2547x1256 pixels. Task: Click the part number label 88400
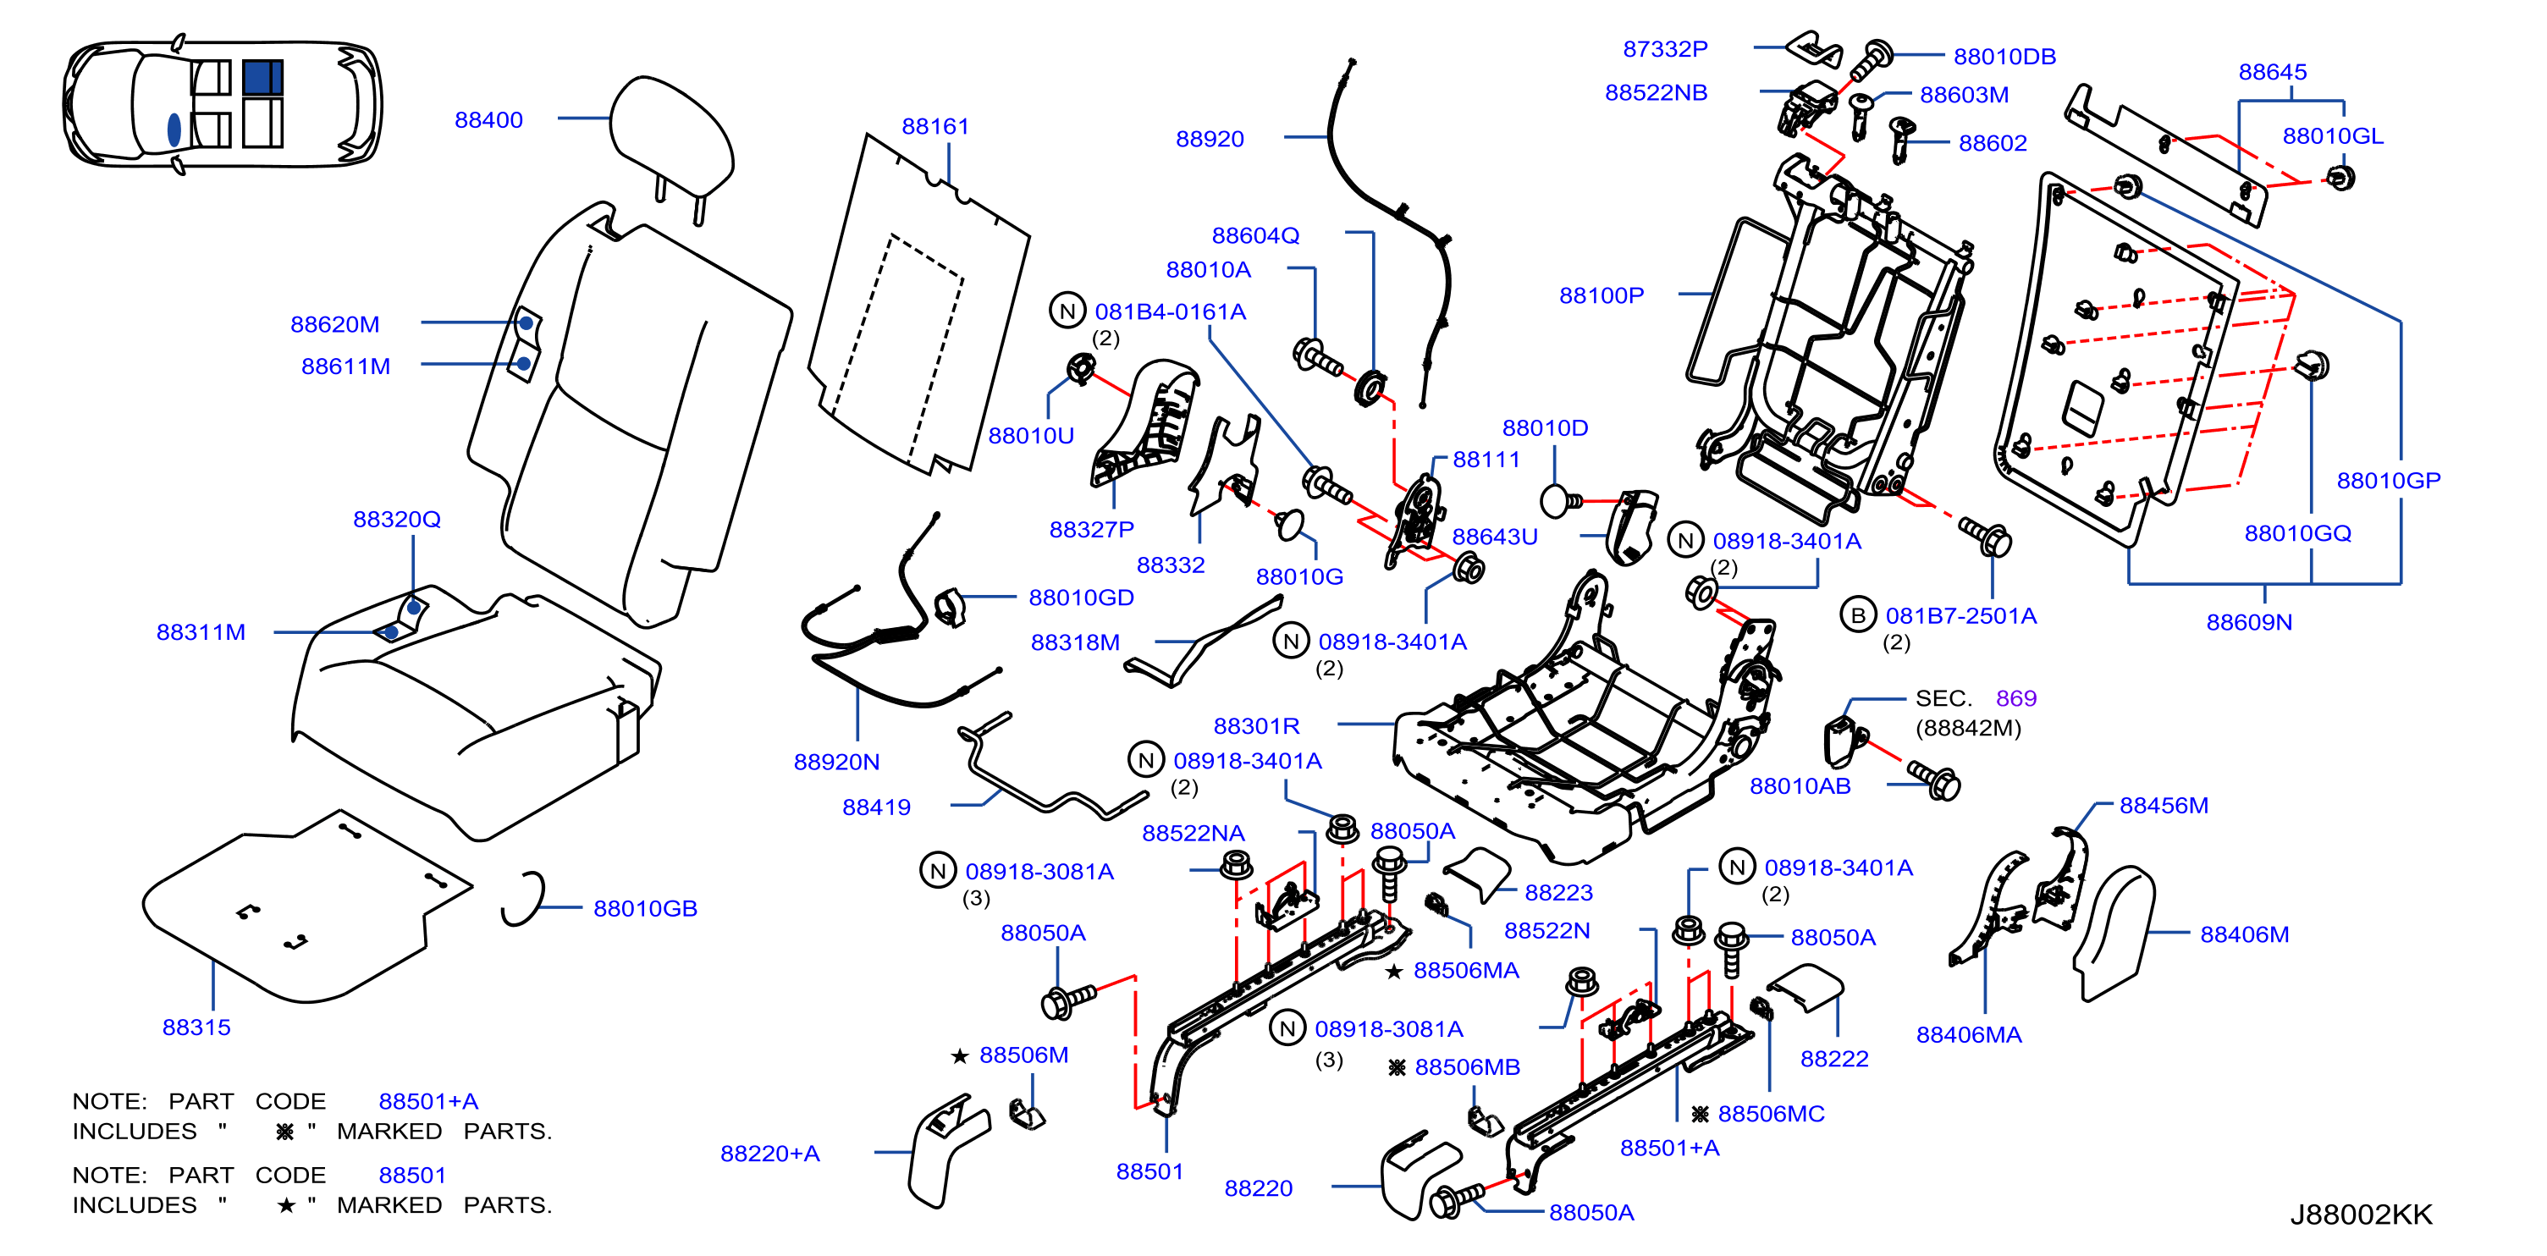pos(488,119)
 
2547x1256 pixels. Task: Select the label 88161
pos(935,127)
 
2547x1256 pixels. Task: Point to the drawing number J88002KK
pos(2361,1215)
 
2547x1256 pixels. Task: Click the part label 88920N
pos(836,763)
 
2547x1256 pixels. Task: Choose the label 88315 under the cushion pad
pos(196,1027)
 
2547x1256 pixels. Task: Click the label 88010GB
pos(646,909)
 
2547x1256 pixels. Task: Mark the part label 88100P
pos(1602,295)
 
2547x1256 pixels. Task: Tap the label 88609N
pos(2249,622)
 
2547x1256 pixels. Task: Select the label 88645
pos(2273,72)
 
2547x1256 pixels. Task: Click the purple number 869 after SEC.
pos(2016,698)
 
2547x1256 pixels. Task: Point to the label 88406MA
pos(1970,1035)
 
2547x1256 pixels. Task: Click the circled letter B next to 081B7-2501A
pos(1859,615)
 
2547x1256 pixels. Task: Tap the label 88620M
pos(335,324)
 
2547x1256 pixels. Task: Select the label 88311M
pos(201,632)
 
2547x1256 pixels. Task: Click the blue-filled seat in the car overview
pos(262,77)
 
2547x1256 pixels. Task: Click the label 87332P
pos(1666,48)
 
